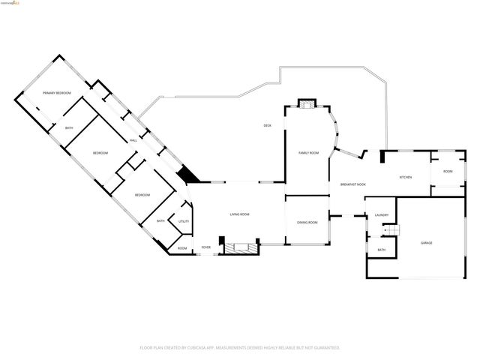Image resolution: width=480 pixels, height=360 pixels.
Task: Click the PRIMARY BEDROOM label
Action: click(56, 92)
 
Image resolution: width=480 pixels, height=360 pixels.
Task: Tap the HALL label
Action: click(133, 140)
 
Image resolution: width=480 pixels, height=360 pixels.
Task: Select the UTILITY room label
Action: click(183, 222)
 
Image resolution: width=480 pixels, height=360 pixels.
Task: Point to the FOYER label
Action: click(206, 248)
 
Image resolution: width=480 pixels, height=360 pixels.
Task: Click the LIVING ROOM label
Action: click(239, 214)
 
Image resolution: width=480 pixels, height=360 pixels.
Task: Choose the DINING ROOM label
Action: click(307, 222)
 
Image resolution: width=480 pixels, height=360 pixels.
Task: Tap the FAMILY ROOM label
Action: click(308, 153)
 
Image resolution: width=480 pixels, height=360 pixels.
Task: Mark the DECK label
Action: click(267, 125)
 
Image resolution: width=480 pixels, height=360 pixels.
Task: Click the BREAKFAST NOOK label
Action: click(352, 184)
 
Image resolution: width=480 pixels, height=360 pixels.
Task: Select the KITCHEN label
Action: click(405, 177)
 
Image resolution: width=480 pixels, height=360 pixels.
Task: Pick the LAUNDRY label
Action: click(381, 216)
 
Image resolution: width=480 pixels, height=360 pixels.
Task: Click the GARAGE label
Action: click(426, 243)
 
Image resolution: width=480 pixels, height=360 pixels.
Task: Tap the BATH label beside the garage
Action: click(381, 250)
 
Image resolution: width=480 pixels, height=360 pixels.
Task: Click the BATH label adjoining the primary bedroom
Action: click(69, 128)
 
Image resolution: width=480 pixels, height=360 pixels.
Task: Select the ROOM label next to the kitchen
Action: click(448, 172)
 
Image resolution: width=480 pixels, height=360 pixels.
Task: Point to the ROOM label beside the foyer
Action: click(182, 248)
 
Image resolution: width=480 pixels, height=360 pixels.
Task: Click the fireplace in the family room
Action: click(307, 103)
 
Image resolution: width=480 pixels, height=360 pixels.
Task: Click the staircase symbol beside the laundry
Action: click(399, 229)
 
